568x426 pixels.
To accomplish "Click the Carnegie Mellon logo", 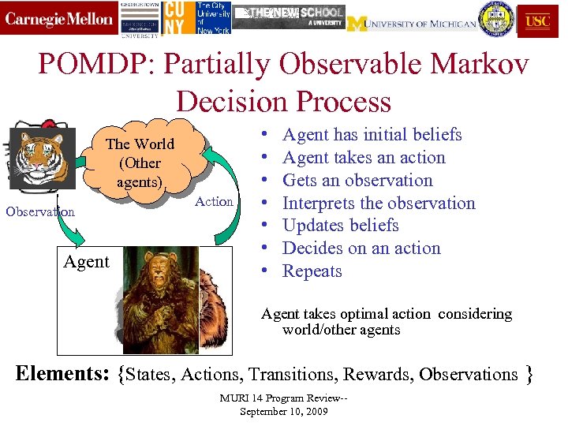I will point(59,19).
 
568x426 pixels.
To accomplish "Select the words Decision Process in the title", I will point(283,101).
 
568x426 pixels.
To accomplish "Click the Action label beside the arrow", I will point(214,201).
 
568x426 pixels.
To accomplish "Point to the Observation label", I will point(40,211).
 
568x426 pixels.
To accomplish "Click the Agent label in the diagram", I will point(86,262).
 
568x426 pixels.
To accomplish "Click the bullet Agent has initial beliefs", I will point(372,135).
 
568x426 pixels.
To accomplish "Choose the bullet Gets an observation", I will point(357,180).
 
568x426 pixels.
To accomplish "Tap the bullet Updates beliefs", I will point(340,225).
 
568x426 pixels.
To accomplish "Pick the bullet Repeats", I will point(312,271).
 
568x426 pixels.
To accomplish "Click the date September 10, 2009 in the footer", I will point(283,412).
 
